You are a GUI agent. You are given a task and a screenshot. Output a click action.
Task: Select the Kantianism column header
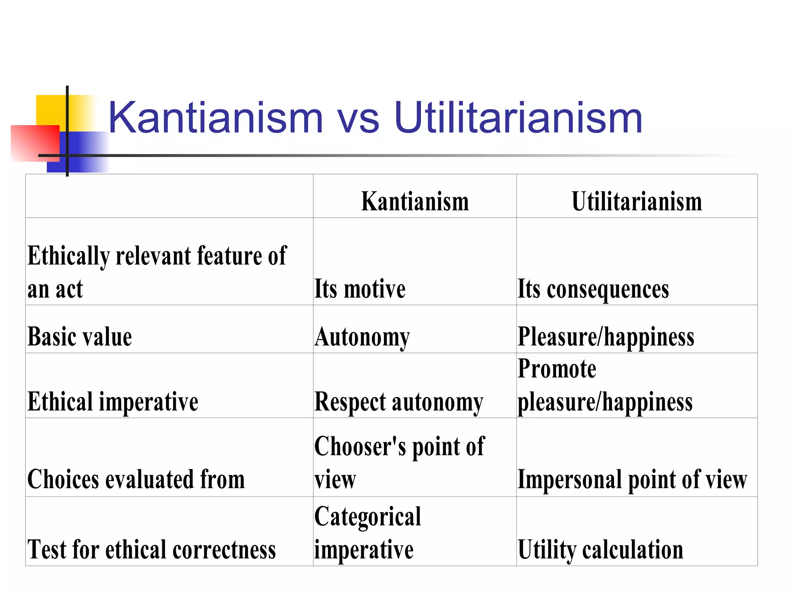coord(415,201)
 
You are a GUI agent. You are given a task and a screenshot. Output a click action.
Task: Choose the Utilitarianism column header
coord(637,201)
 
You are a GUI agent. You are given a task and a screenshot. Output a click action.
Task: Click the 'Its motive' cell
coord(360,289)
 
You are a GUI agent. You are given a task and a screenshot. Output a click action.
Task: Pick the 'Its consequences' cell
coord(593,289)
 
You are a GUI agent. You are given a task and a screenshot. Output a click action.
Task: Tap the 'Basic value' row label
coord(80,337)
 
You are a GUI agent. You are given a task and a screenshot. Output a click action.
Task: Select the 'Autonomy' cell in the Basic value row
coord(362,337)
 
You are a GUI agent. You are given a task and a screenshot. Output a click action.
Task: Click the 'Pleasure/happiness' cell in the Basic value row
coord(606,337)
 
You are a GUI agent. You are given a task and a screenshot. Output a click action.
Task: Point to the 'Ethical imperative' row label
coord(113,402)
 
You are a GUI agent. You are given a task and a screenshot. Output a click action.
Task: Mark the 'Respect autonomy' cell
coord(399,402)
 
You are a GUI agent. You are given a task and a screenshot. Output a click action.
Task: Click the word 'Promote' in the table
coord(557,369)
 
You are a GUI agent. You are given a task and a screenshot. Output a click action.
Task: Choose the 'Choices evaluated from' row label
coord(136,479)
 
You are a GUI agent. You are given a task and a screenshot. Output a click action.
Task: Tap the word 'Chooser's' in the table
coord(360,447)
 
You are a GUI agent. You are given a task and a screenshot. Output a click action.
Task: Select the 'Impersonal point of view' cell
coord(632,479)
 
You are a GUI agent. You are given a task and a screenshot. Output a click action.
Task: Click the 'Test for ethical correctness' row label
coord(151,549)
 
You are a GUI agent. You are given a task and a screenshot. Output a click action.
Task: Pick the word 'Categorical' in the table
coord(368,517)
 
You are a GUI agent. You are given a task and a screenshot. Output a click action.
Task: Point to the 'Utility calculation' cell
coord(600,549)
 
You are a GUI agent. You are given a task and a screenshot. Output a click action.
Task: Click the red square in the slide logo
coord(35,143)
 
